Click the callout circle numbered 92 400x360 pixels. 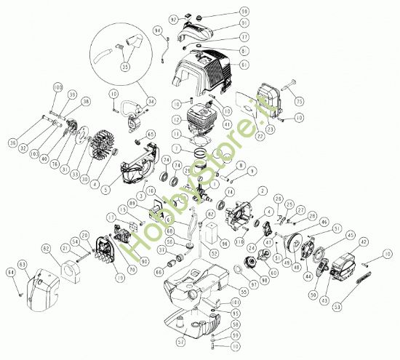174,17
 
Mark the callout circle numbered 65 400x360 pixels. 151,134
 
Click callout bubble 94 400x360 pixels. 158,30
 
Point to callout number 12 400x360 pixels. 177,119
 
